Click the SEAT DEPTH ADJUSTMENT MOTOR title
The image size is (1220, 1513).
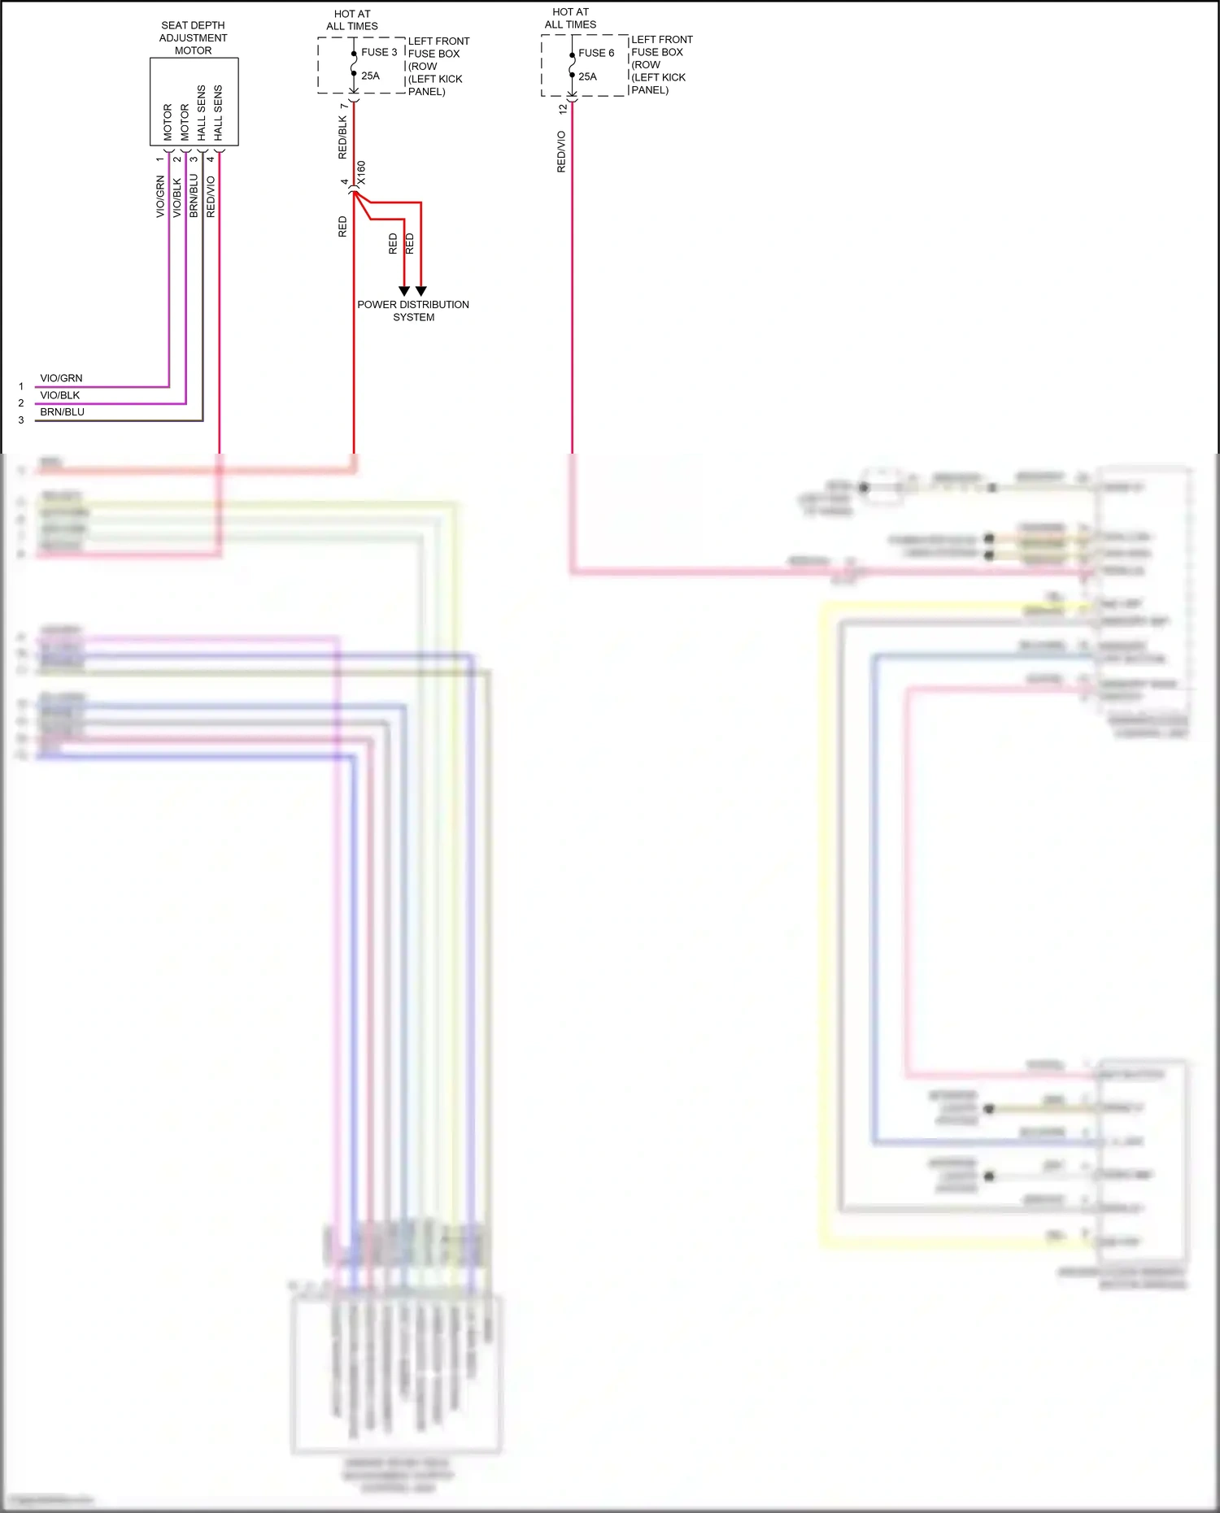tap(193, 38)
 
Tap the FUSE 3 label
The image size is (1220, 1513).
tap(379, 52)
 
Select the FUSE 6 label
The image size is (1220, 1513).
tap(596, 53)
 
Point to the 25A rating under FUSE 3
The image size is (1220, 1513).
tap(370, 76)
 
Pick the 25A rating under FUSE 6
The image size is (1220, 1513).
tap(587, 76)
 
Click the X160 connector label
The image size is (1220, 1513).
tap(361, 172)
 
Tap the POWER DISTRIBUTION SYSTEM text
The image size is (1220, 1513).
tap(413, 311)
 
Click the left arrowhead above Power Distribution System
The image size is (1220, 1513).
tap(404, 290)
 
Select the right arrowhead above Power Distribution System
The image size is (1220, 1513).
tap(420, 290)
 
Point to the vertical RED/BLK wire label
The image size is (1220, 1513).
tap(342, 137)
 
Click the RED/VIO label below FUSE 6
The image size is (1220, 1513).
tap(561, 151)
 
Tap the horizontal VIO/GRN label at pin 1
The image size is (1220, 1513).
tap(61, 378)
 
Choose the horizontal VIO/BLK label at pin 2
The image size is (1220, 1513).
tap(60, 395)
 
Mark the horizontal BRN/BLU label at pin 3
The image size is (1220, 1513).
tap(62, 412)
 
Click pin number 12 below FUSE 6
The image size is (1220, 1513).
tap(562, 108)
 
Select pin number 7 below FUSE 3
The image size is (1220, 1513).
tap(344, 106)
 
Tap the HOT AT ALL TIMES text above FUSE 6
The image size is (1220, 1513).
tap(570, 18)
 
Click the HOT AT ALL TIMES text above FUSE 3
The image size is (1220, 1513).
tap(352, 20)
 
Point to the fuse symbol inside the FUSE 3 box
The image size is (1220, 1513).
tap(354, 63)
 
